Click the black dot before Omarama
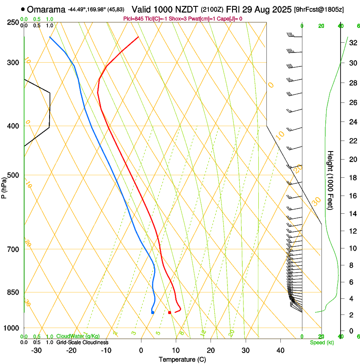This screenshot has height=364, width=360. click(x=22, y=9)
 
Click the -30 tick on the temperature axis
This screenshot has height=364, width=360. click(x=36, y=350)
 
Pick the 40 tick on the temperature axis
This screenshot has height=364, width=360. click(x=280, y=350)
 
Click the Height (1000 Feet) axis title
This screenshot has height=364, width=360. click(x=330, y=180)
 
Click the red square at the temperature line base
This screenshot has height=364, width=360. click(x=170, y=312)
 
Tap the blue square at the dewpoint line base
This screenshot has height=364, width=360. click(x=152, y=312)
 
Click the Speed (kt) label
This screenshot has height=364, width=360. click(x=321, y=342)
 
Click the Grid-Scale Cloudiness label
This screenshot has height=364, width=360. click(x=82, y=342)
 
